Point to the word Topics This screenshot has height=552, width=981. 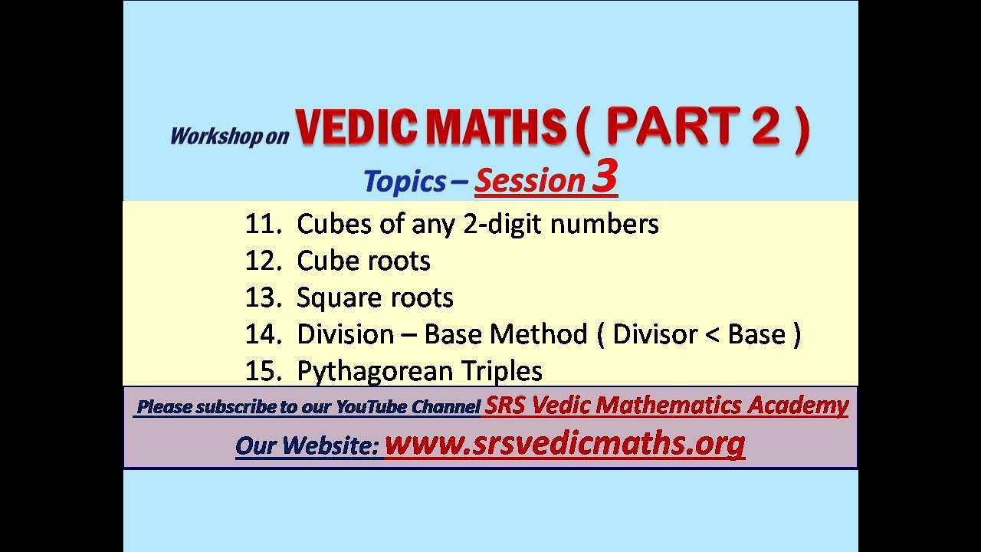(x=404, y=182)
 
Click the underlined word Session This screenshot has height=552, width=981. (x=530, y=182)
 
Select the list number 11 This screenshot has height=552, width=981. (x=259, y=224)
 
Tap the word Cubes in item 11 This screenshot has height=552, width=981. (x=327, y=224)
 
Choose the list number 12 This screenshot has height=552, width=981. (x=259, y=261)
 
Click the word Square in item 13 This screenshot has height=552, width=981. (x=333, y=297)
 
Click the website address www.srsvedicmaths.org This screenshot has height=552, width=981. (x=564, y=443)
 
